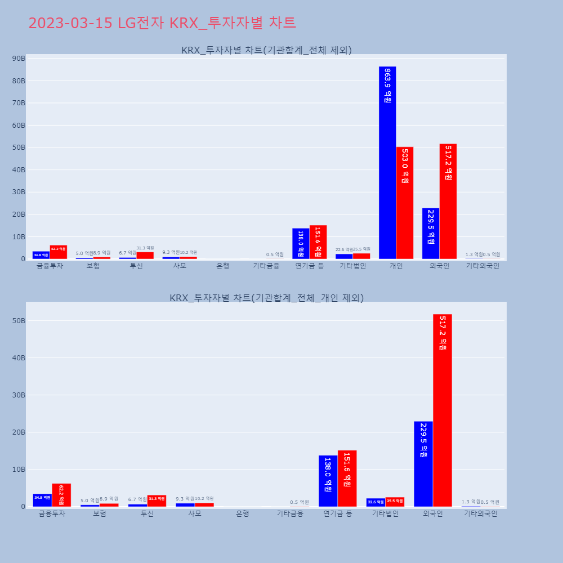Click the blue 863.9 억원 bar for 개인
[387, 163]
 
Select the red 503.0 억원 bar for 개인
[405, 203]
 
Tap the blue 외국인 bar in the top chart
[431, 234]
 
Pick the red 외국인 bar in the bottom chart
[443, 410]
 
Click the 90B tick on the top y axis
[19, 59]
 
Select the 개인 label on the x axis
[396, 266]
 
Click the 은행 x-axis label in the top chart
[223, 266]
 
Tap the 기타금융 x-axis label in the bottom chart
[290, 513]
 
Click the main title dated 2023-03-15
[162, 23]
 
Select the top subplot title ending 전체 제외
[266, 50]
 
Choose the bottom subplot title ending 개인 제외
[266, 298]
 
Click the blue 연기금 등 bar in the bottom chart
[328, 481]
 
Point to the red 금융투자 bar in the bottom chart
[61, 495]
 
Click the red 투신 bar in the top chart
[145, 255]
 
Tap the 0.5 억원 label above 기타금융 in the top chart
[275, 254]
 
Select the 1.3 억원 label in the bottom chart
[471, 502]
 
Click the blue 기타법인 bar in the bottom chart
[376, 502]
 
